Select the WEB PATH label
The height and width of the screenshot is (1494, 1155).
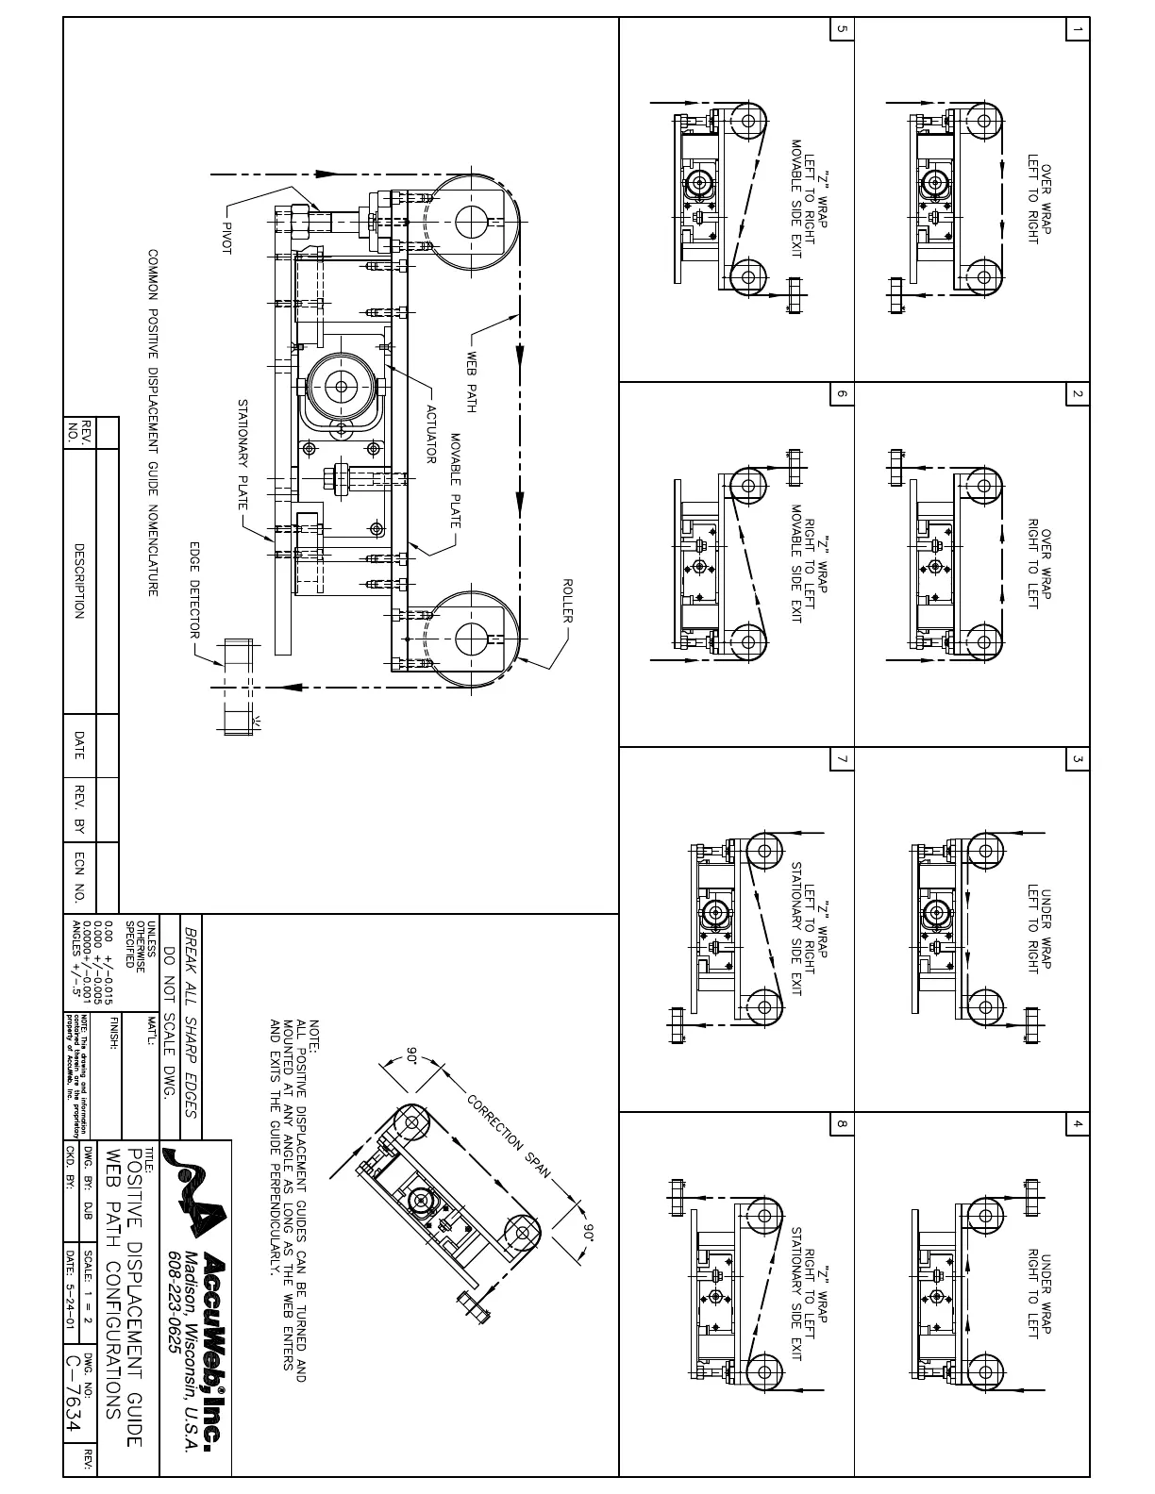click(x=473, y=383)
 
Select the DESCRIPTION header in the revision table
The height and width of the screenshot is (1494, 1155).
click(x=80, y=580)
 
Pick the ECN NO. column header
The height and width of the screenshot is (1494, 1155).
click(x=80, y=877)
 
